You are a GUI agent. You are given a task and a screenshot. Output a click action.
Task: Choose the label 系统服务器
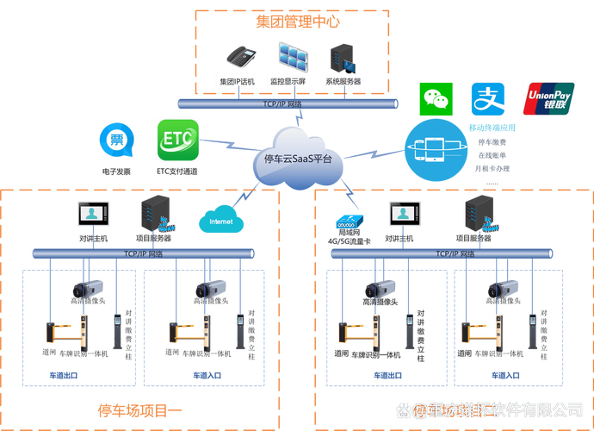point(342,82)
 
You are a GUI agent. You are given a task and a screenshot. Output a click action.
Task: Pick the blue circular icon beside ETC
point(114,141)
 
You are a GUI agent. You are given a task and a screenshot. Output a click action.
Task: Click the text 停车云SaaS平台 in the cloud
point(297,159)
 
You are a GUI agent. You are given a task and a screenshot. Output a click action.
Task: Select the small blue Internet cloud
point(220,221)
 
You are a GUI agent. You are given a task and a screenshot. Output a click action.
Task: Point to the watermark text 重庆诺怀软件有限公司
point(498,409)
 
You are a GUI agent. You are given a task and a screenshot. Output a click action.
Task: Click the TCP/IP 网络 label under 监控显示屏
point(288,103)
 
